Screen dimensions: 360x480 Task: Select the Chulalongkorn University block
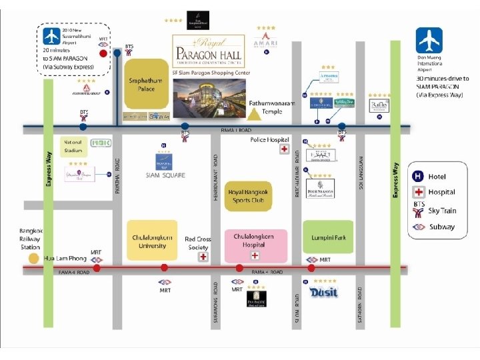point(152,240)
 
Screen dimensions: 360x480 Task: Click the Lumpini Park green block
point(328,237)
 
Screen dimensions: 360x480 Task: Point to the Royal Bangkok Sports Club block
point(247,195)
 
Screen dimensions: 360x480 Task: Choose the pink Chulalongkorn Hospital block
point(253,245)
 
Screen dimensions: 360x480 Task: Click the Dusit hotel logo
point(324,292)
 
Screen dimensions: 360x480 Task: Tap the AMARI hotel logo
point(265,42)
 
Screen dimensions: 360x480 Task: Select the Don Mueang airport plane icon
point(429,41)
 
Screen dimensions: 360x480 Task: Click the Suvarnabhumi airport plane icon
point(51,36)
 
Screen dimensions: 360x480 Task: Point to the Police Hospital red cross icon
point(284,149)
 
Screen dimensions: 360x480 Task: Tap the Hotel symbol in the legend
point(418,176)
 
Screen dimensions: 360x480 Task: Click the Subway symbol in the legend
point(418,227)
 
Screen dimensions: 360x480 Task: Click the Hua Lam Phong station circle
point(33,258)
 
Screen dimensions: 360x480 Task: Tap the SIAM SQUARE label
point(165,175)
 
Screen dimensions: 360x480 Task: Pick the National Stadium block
point(73,147)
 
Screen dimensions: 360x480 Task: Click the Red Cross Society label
point(198,243)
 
